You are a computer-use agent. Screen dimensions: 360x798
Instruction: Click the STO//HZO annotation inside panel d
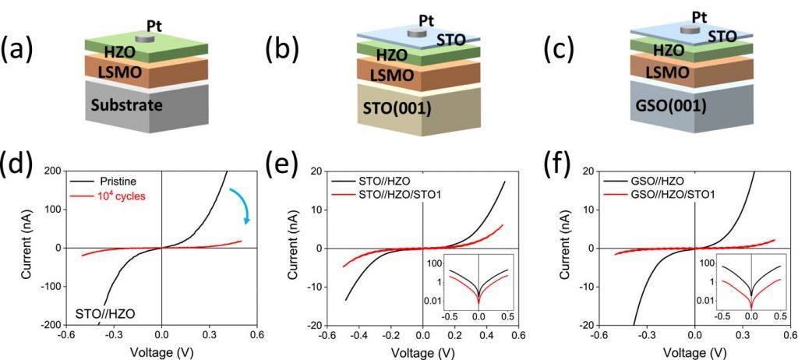[106, 313]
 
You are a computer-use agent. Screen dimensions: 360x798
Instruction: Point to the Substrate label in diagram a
[128, 105]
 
